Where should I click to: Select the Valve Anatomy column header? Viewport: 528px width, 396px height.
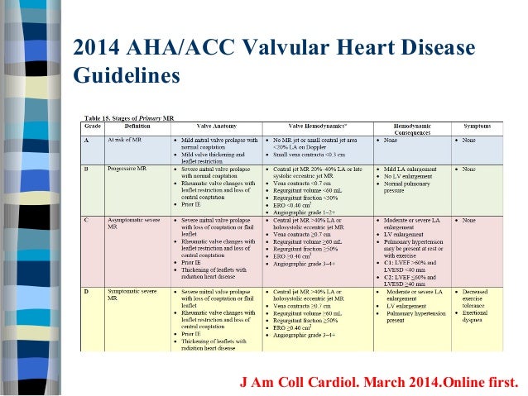pyautogui.click(x=211, y=126)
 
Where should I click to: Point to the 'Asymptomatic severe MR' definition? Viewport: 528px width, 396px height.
pyautogui.click(x=133, y=224)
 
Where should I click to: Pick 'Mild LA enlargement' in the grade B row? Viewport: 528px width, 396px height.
pyautogui.click(x=412, y=169)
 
